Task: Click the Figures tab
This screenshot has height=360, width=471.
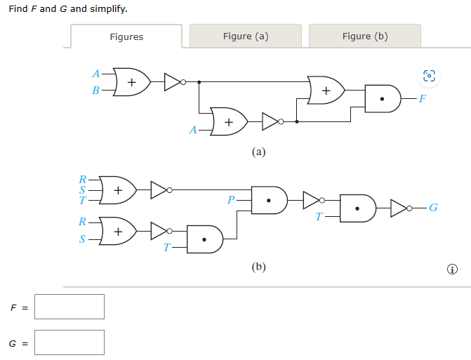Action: click(126, 36)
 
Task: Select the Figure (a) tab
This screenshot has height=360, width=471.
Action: click(245, 36)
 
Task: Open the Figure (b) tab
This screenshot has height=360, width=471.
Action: click(364, 36)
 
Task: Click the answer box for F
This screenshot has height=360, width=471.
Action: click(69, 307)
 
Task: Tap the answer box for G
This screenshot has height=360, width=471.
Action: click(69, 342)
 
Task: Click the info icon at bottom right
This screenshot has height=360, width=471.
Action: click(453, 269)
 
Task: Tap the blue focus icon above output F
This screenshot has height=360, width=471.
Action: click(430, 76)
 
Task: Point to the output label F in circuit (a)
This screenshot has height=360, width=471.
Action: click(422, 99)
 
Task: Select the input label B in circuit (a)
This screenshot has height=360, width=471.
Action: click(96, 90)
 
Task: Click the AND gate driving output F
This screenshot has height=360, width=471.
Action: click(382, 99)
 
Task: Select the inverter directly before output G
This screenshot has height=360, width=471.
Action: click(399, 208)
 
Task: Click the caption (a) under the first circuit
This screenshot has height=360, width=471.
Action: click(259, 151)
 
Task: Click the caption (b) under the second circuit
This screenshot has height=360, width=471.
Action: click(259, 267)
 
